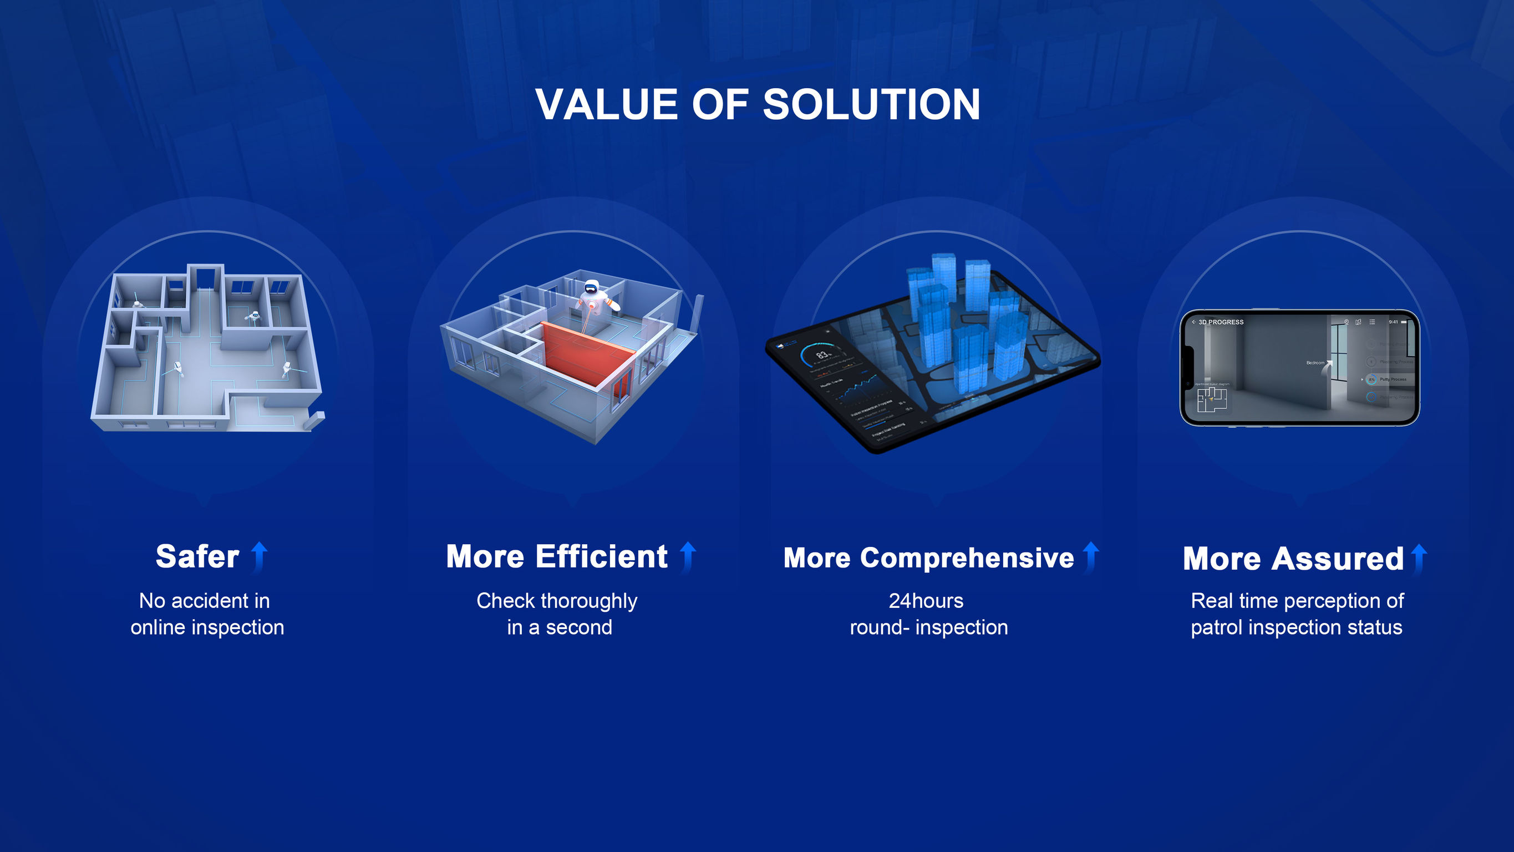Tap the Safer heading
click(197, 556)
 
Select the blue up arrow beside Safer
click(259, 556)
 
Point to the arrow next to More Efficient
click(688, 556)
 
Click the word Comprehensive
click(967, 558)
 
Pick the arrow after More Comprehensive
click(1090, 556)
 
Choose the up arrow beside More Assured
click(1419, 559)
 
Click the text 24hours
click(926, 601)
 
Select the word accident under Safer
click(203, 601)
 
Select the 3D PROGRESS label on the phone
click(1221, 322)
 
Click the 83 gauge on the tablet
click(823, 355)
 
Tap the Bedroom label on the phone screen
click(1315, 363)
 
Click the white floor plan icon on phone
click(1212, 400)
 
